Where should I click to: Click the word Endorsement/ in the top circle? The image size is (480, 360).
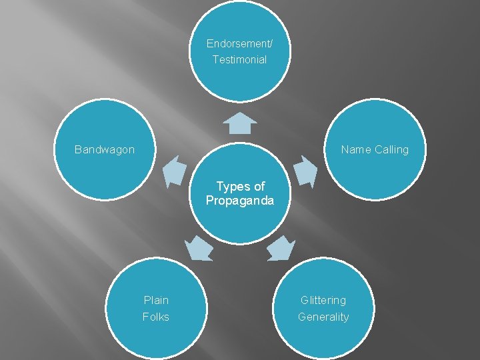(239, 44)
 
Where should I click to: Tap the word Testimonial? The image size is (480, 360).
(239, 60)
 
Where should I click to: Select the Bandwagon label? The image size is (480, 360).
(105, 149)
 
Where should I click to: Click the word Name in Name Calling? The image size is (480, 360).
(356, 149)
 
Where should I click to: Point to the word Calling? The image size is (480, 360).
(391, 149)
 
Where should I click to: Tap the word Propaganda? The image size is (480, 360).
(240, 201)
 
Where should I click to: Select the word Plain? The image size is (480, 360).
(156, 301)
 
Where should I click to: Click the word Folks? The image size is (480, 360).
(156, 317)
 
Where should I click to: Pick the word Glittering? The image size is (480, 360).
(323, 301)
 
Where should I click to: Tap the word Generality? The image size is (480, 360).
(323, 317)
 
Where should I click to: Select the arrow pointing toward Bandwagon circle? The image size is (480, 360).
(175, 171)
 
